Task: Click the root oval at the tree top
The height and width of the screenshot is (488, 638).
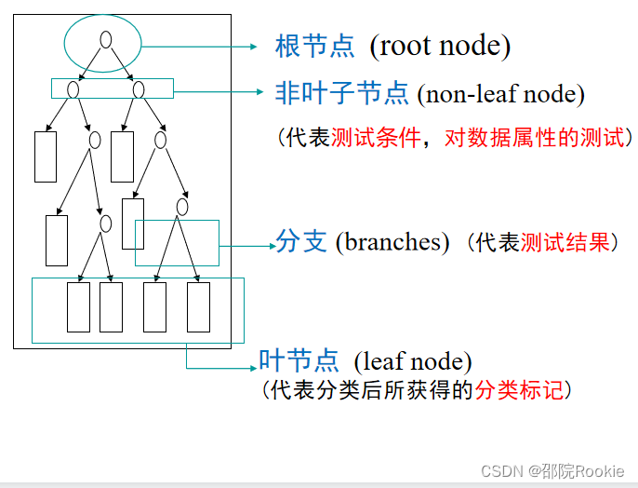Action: click(x=106, y=40)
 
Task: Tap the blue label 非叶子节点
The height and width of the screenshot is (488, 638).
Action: click(x=341, y=92)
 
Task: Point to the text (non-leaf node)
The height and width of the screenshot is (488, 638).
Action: click(x=500, y=93)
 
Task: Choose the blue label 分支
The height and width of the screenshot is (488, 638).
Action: click(x=301, y=241)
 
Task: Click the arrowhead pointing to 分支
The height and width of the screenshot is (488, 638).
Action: click(x=269, y=246)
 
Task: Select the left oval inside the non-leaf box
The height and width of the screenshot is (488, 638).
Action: click(x=73, y=89)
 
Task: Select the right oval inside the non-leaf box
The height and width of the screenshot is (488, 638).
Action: click(x=139, y=89)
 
